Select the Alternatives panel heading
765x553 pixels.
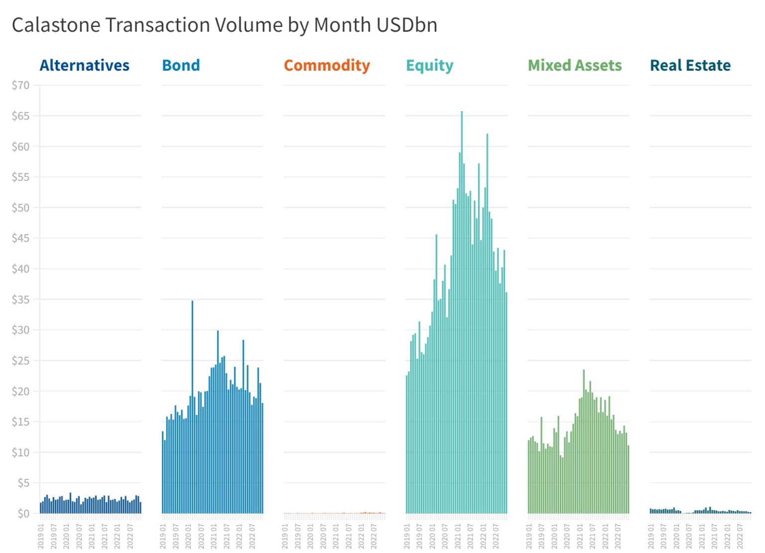[84, 65]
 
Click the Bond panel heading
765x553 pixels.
[181, 65]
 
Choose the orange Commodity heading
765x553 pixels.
[327, 65]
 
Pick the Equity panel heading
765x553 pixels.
[429, 65]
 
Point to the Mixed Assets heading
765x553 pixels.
[575, 65]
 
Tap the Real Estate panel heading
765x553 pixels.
[690, 65]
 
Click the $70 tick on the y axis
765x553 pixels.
[21, 85]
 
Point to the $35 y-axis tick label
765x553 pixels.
[21, 299]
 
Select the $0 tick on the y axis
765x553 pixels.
[23, 513]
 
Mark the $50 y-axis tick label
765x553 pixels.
[21, 208]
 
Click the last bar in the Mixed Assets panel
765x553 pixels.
[629, 478]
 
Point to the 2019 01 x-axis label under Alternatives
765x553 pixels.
[41, 536]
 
